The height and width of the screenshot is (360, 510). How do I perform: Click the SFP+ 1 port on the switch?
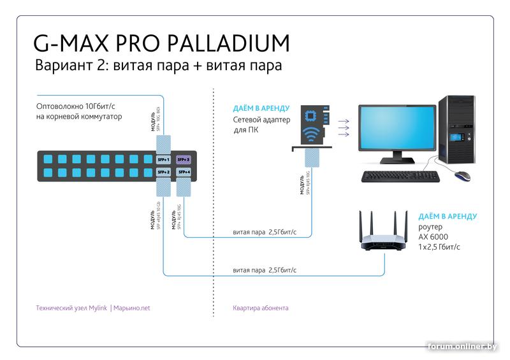(164, 159)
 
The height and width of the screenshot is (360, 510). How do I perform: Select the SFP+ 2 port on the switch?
(164, 172)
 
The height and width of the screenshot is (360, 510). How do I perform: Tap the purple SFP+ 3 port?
(184, 159)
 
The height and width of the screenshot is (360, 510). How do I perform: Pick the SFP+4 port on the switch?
(184, 172)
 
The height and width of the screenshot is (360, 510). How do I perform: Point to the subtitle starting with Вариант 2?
(158, 66)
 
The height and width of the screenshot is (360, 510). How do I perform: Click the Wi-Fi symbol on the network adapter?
(312, 135)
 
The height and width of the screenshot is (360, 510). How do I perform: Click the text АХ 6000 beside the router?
(433, 236)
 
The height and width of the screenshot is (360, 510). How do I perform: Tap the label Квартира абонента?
(261, 308)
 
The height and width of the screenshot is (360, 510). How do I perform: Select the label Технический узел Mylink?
(72, 308)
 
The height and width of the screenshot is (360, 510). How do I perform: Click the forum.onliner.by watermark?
(472, 346)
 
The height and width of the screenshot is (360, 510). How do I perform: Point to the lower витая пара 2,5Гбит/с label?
(265, 270)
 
